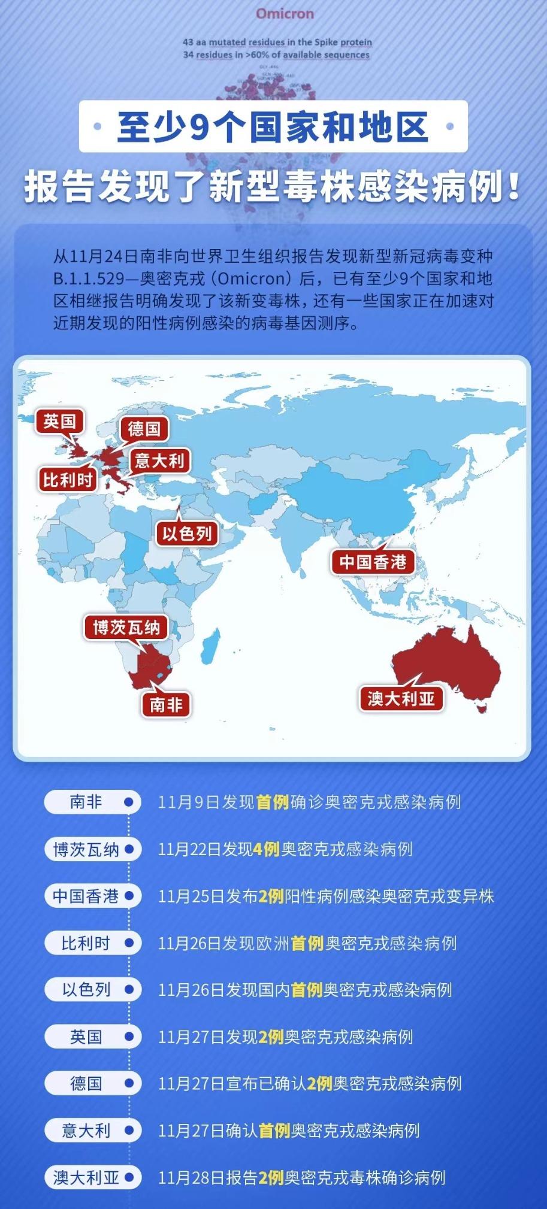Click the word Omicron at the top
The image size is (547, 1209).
[x=285, y=14]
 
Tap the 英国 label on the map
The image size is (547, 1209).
[x=59, y=422]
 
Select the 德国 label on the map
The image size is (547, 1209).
[x=144, y=429]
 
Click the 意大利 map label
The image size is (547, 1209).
[x=159, y=460]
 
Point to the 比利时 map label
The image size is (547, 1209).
[x=68, y=480]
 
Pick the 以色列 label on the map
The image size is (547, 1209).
[x=186, y=533]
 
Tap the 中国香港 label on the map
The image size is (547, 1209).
[x=373, y=562]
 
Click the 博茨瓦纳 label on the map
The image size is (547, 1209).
[x=126, y=627]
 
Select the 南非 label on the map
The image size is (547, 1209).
[x=166, y=704]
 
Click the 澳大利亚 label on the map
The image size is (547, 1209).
[x=401, y=698]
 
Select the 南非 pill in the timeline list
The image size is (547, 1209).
[x=92, y=802]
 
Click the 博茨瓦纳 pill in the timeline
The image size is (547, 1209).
[x=92, y=849]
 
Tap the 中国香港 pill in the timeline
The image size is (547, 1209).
[x=92, y=896]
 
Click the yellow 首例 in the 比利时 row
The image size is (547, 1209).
[x=307, y=943]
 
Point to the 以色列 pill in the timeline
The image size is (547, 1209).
[x=92, y=989]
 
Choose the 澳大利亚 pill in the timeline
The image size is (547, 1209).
[x=92, y=1178]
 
